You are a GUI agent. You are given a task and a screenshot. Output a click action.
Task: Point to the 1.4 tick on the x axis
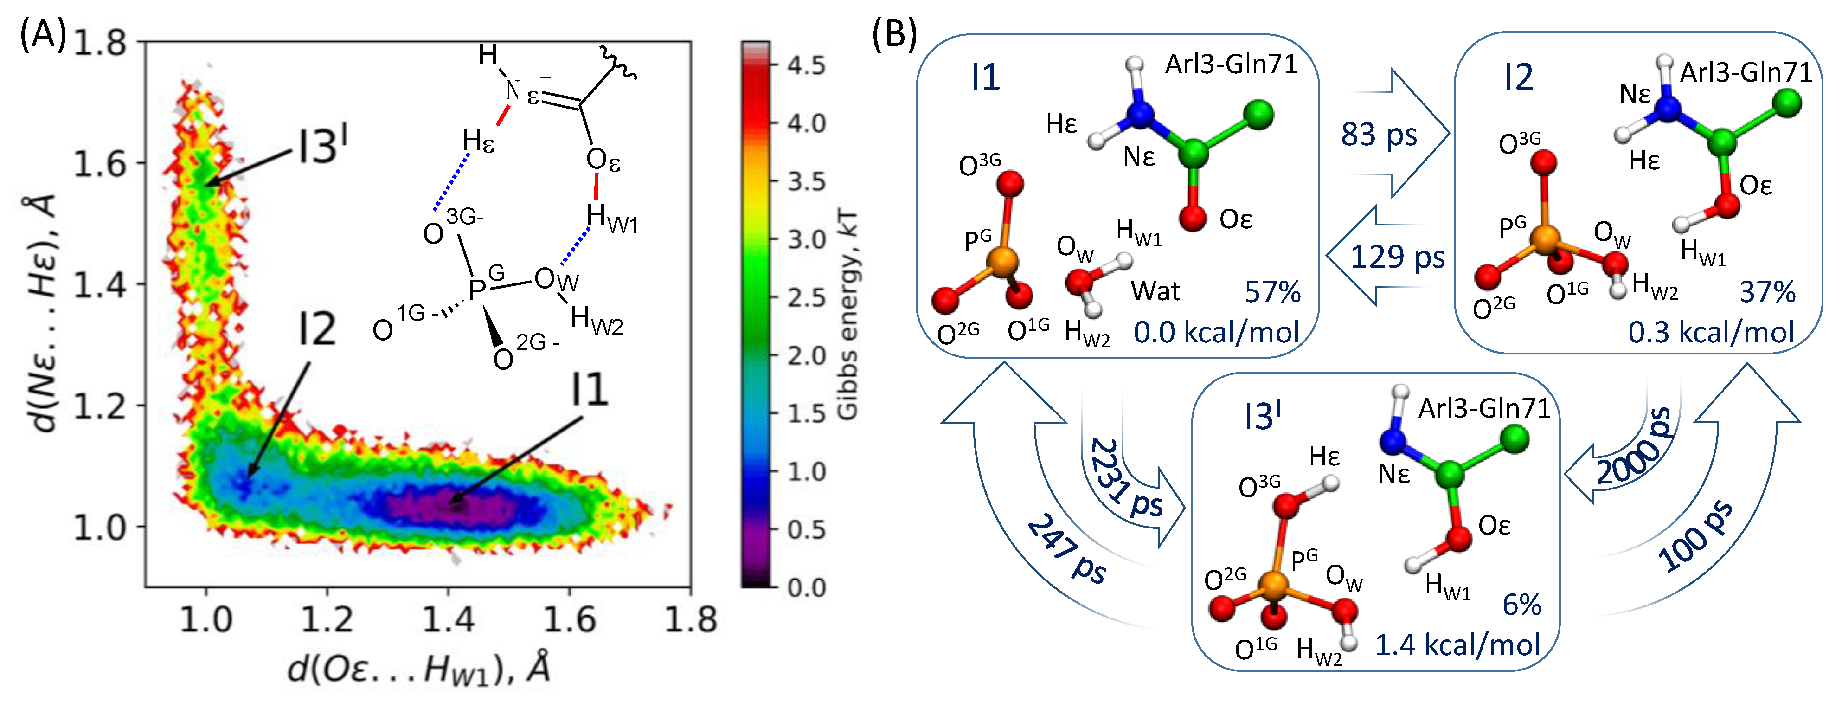(x=449, y=618)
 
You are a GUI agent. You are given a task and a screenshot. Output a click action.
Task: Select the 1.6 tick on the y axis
(x=100, y=164)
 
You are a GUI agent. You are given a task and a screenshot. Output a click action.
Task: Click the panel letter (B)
(x=894, y=33)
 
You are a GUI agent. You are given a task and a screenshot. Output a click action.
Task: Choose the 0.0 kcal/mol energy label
(x=1216, y=333)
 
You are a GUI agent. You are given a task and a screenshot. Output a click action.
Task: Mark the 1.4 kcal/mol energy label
(x=1457, y=645)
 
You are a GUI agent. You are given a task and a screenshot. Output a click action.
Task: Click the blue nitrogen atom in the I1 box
(x=1139, y=113)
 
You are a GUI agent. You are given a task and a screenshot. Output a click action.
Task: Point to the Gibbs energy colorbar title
(x=847, y=315)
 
